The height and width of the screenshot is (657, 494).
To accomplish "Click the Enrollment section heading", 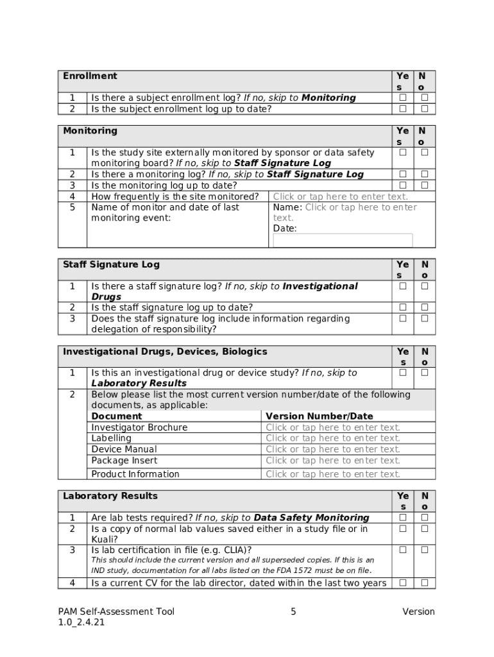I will coord(90,76).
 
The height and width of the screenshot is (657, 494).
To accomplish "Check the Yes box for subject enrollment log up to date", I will coord(403,108).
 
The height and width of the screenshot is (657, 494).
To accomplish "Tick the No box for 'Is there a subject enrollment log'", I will coord(424,98).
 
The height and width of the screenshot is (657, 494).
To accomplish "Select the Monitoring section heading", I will coord(90,131).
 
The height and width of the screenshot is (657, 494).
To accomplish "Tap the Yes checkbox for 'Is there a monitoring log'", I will coord(403,175).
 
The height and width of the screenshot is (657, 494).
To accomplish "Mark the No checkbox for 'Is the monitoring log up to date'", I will coord(424,185).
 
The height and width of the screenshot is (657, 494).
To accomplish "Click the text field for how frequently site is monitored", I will coord(340,197).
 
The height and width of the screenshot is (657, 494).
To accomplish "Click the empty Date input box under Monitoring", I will coord(343,241).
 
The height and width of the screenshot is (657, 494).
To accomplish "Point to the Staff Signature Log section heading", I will coord(111,265).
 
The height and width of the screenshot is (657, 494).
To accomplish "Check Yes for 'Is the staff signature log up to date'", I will coord(403,307).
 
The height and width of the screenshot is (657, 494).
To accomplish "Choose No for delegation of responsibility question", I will coord(424,318).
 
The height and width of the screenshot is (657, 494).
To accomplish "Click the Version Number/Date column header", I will coord(319,416).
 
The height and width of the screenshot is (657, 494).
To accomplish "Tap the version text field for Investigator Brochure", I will coord(332,427).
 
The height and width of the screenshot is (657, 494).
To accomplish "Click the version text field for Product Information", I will coord(332,474).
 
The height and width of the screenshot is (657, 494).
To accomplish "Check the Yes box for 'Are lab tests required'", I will coord(403,517).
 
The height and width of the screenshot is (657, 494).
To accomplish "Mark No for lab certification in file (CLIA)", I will coord(424,550).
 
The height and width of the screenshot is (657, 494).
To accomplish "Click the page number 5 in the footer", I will coord(293,611).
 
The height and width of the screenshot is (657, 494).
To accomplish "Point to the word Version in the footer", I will coord(418,611).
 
